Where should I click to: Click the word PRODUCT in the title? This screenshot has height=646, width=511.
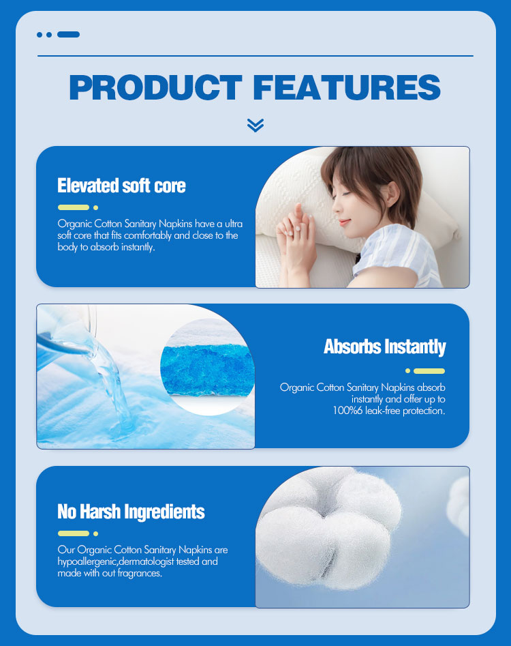pyautogui.click(x=155, y=88)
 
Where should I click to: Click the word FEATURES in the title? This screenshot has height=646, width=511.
pyautogui.click(x=346, y=88)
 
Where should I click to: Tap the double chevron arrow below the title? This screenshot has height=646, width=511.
pyautogui.click(x=255, y=125)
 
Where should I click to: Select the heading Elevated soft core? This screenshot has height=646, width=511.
pyautogui.click(x=121, y=186)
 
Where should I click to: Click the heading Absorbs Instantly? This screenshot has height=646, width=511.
pyautogui.click(x=384, y=347)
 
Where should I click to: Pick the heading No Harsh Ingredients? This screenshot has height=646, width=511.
pyautogui.click(x=131, y=511)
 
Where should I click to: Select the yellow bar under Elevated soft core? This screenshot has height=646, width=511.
pyautogui.click(x=74, y=207)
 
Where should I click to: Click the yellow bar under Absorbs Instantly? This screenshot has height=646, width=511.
pyautogui.click(x=429, y=371)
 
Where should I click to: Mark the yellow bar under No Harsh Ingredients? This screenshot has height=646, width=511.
pyautogui.click(x=74, y=533)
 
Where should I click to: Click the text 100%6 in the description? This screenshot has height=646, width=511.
pyautogui.click(x=350, y=411)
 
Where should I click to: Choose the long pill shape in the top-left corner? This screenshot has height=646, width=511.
pyautogui.click(x=68, y=34)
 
